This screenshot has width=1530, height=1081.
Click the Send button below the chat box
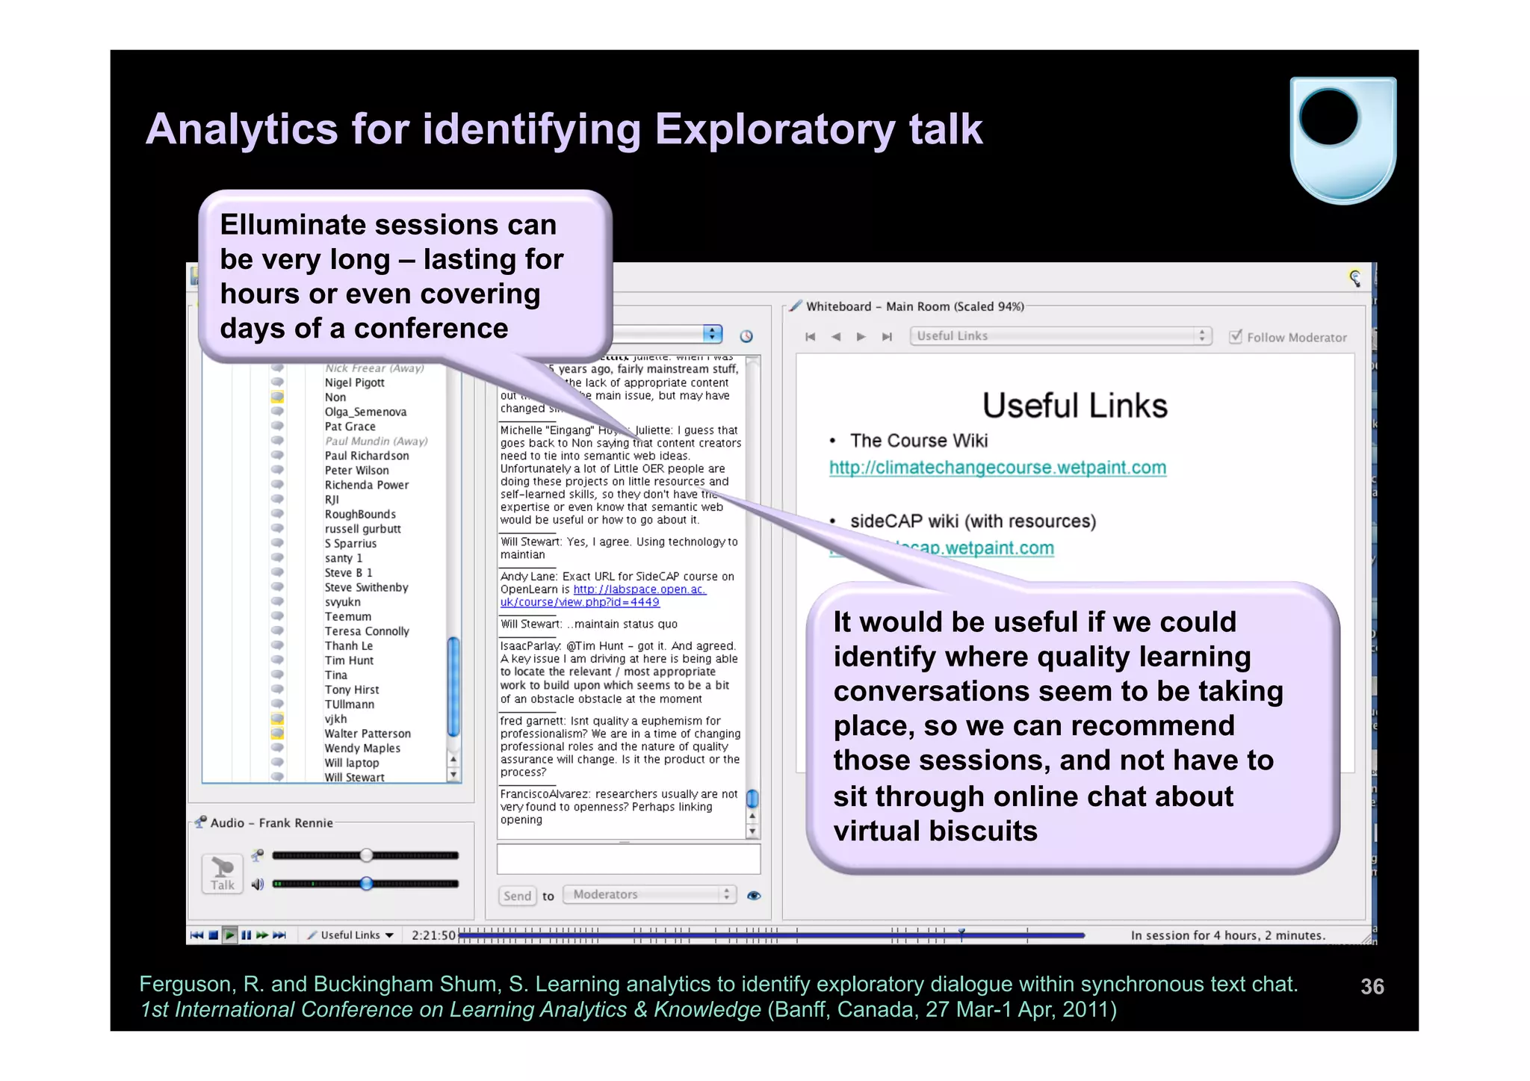tap(517, 896)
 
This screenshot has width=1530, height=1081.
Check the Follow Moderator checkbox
tap(1236, 337)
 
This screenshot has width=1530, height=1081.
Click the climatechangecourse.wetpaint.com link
tap(997, 468)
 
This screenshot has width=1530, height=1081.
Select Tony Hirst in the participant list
tap(351, 690)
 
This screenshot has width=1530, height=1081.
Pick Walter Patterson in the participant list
tap(368, 734)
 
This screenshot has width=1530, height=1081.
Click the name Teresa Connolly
tap(367, 631)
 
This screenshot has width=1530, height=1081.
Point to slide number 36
tap(1372, 987)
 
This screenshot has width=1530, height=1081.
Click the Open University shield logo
tap(1342, 140)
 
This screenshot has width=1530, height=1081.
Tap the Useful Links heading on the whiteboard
tap(1074, 406)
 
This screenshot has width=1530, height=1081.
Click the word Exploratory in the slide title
tap(775, 129)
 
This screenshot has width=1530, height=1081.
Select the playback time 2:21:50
tap(433, 935)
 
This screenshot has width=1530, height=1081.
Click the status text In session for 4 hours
tap(1227, 935)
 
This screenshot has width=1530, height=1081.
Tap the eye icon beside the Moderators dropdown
tap(754, 896)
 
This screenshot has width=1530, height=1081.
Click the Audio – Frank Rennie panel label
tap(271, 823)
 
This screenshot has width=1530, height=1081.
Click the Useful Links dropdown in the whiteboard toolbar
tap(1059, 336)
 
